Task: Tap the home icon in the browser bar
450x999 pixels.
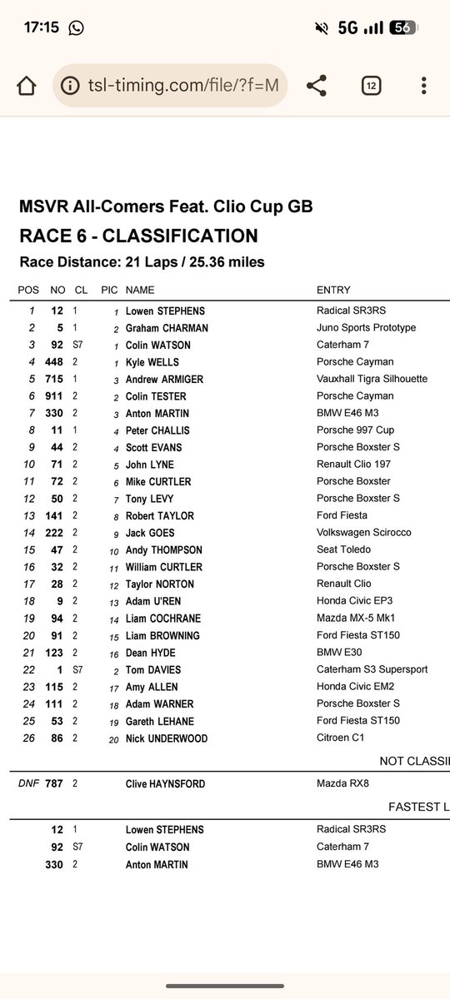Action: (27, 86)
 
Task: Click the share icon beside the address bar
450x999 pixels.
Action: (316, 86)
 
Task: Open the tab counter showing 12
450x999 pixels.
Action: (371, 86)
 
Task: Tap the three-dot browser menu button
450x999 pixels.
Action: (424, 86)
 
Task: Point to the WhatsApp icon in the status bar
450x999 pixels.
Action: (77, 27)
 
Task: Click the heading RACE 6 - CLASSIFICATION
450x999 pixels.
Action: (138, 236)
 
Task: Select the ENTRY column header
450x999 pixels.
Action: (333, 291)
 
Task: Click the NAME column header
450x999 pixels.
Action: (139, 291)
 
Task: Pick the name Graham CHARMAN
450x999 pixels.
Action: (166, 327)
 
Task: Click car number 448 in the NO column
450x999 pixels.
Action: (54, 362)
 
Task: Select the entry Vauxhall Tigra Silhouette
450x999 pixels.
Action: (372, 379)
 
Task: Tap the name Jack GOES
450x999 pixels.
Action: (151, 533)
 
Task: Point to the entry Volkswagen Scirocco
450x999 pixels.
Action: (363, 533)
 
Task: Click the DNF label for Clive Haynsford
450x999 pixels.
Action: (28, 783)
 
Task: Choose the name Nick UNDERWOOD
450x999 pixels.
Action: (167, 738)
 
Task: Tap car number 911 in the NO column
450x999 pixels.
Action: (54, 396)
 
